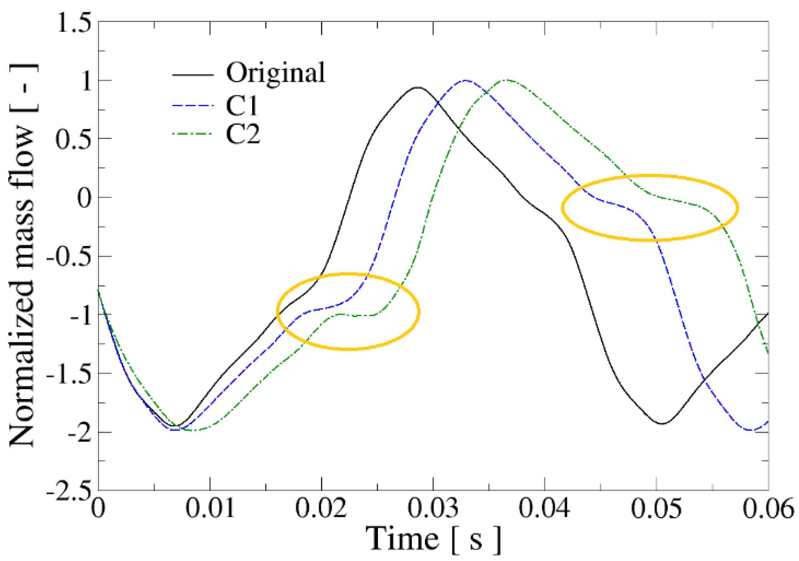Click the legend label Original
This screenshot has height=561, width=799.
[x=275, y=73]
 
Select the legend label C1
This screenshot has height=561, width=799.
[x=242, y=106]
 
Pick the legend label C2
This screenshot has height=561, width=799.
[x=243, y=134]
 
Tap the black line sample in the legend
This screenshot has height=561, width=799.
[x=192, y=75]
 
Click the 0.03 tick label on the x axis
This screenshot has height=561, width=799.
[x=433, y=508]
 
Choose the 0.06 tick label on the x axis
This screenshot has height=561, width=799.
[x=768, y=508]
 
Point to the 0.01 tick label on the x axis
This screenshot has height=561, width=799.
[x=210, y=508]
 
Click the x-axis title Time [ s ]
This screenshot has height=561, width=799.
[x=433, y=539]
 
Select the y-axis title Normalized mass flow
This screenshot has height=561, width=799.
[x=22, y=256]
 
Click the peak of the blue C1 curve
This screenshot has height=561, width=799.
[x=465, y=80]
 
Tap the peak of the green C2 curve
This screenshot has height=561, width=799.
[x=507, y=80]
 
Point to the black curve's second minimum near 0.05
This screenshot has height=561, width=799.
[x=662, y=424]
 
